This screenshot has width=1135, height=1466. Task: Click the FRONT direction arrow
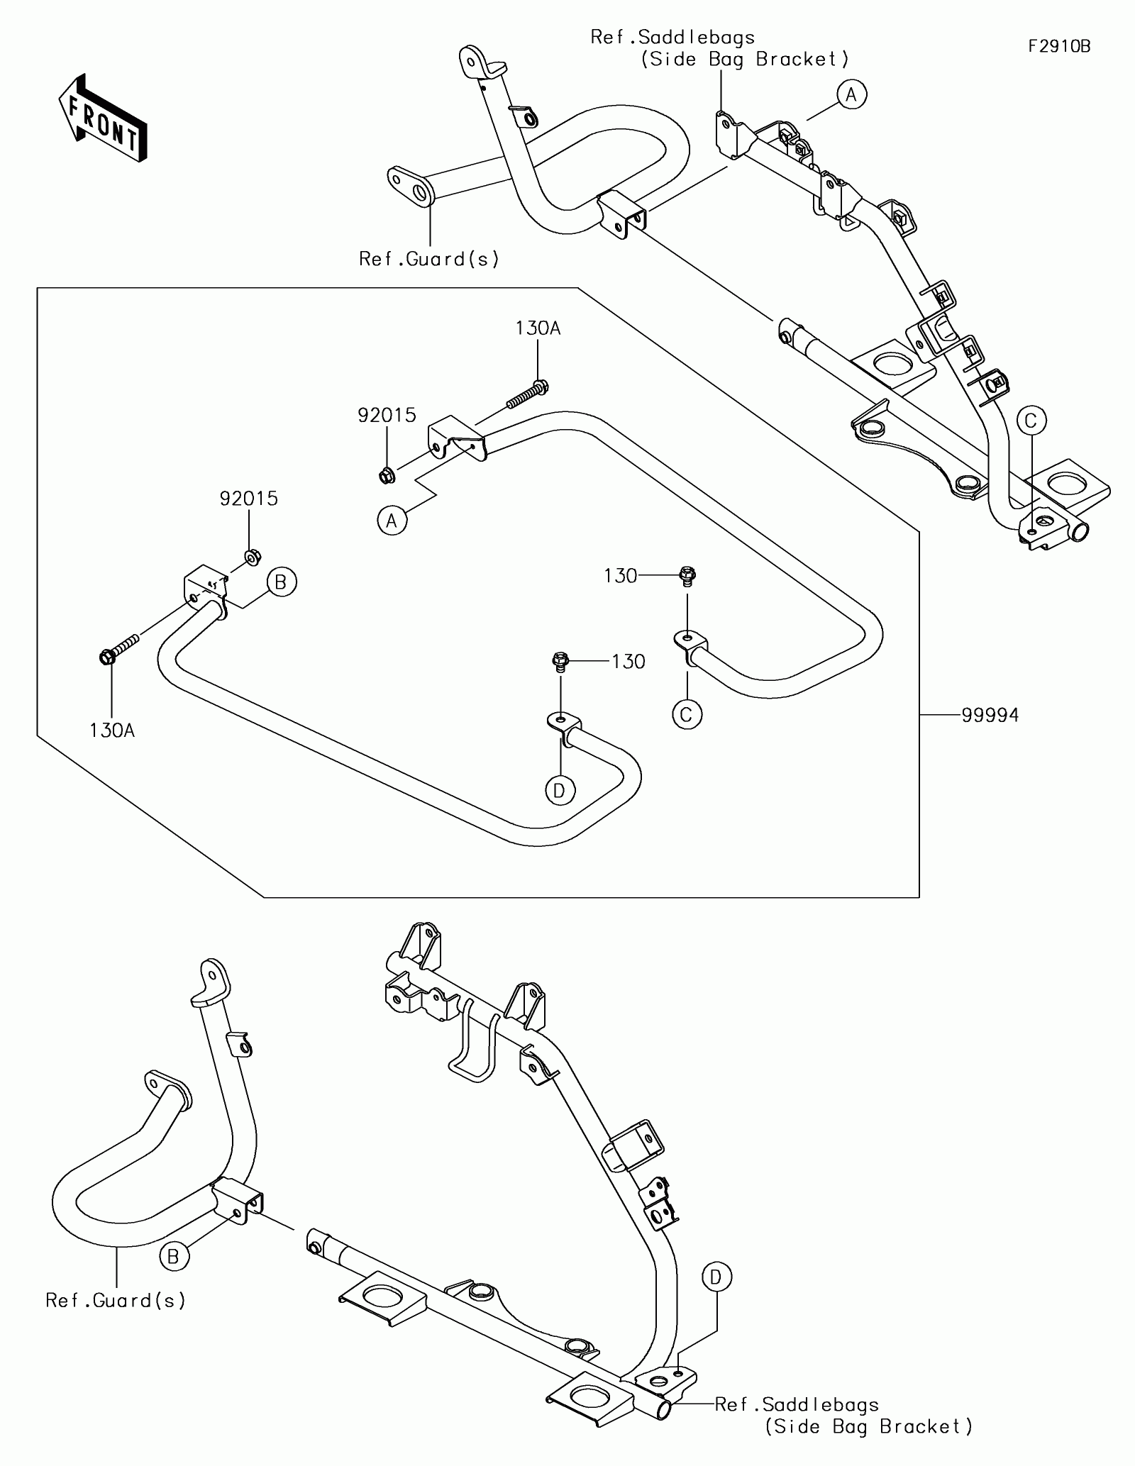tap(102, 116)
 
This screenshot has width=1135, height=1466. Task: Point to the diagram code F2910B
tap(1060, 46)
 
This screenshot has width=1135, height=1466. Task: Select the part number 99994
tap(990, 715)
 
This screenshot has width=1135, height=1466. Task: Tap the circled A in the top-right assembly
tap(852, 94)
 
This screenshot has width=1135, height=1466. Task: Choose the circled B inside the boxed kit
tap(281, 582)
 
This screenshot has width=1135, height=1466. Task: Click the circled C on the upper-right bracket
tap(1031, 421)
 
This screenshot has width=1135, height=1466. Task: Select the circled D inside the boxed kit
tap(559, 790)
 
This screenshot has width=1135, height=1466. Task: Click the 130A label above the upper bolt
tap(538, 328)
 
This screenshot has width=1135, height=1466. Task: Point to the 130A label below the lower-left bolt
tap(112, 730)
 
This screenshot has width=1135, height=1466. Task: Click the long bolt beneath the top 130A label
tap(528, 395)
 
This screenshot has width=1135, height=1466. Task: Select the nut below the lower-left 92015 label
tap(250, 558)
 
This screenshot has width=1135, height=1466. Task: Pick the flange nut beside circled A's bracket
tap(387, 475)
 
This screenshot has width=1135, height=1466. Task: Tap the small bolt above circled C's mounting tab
tap(686, 575)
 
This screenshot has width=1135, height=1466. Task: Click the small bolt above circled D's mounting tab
tap(560, 662)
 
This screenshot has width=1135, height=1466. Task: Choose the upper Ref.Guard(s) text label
tap(429, 260)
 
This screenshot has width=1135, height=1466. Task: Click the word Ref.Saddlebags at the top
tap(672, 37)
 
